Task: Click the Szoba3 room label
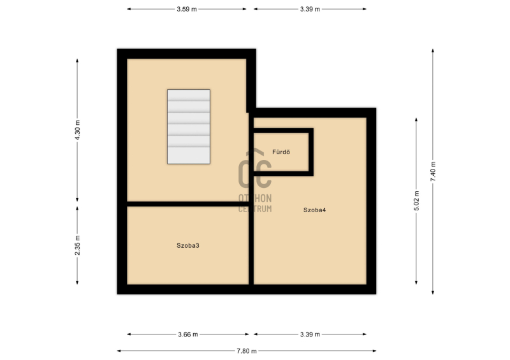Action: tap(187, 245)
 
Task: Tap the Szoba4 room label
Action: tap(314, 210)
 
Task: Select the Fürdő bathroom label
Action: tap(281, 152)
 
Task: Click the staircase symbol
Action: tap(189, 127)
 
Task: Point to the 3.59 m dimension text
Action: tap(187, 9)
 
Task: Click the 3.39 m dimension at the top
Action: tap(310, 9)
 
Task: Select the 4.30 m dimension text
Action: tap(77, 130)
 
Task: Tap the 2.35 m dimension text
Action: tap(77, 245)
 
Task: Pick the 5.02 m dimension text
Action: tap(417, 201)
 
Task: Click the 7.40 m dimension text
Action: tap(433, 171)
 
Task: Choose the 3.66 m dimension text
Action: tap(188, 335)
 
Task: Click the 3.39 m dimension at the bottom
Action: tap(310, 335)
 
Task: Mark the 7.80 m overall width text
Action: tap(247, 351)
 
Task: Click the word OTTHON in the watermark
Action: tap(255, 198)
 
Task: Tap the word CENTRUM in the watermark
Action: tap(255, 209)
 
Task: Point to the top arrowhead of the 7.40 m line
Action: tap(433, 51)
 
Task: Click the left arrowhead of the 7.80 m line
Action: tap(119, 351)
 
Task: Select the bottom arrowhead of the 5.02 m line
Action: tap(416, 283)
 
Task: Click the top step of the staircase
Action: tap(189, 96)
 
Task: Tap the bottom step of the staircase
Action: tap(189, 155)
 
